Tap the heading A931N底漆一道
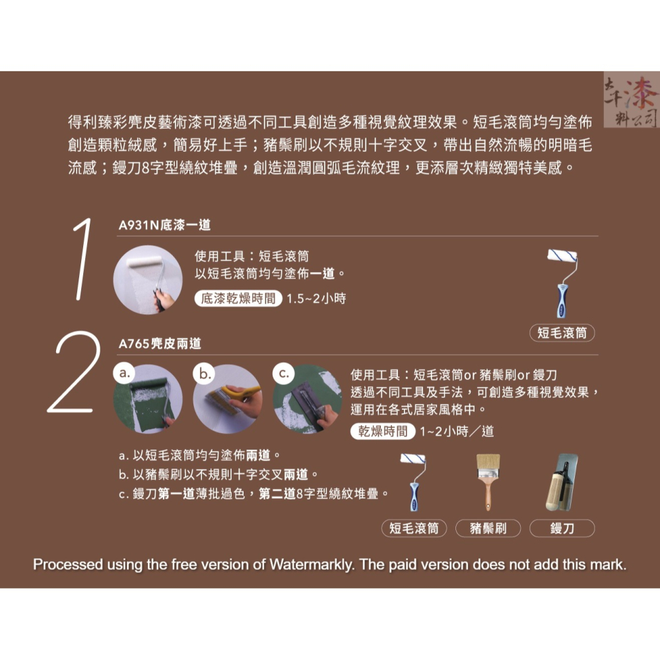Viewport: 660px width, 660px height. click(x=164, y=225)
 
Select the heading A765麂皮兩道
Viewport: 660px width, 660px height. click(x=160, y=344)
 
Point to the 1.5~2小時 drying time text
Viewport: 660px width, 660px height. click(x=316, y=298)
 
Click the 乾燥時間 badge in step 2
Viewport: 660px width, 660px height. click(x=383, y=432)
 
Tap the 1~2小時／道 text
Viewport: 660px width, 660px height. click(x=456, y=432)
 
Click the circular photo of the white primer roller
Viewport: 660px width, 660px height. click(x=147, y=279)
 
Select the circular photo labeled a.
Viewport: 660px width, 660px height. click(x=147, y=399)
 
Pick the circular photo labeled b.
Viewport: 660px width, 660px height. click(x=227, y=399)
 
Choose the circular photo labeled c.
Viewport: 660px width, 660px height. click(x=307, y=399)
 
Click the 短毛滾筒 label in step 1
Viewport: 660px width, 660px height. click(x=562, y=333)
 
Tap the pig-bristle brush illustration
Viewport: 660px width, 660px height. click(x=488, y=482)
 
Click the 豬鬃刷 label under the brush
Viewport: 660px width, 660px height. click(x=488, y=528)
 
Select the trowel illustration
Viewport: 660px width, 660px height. click(x=562, y=482)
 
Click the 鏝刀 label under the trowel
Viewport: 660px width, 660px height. click(x=562, y=528)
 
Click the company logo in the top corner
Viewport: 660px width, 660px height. click(x=630, y=99)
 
